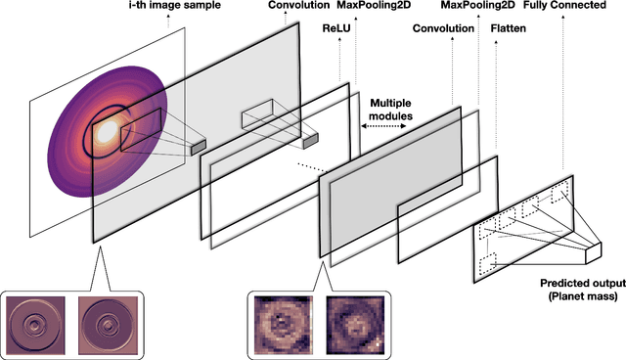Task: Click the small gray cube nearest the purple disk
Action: point(199,146)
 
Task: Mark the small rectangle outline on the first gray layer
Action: point(259,113)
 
